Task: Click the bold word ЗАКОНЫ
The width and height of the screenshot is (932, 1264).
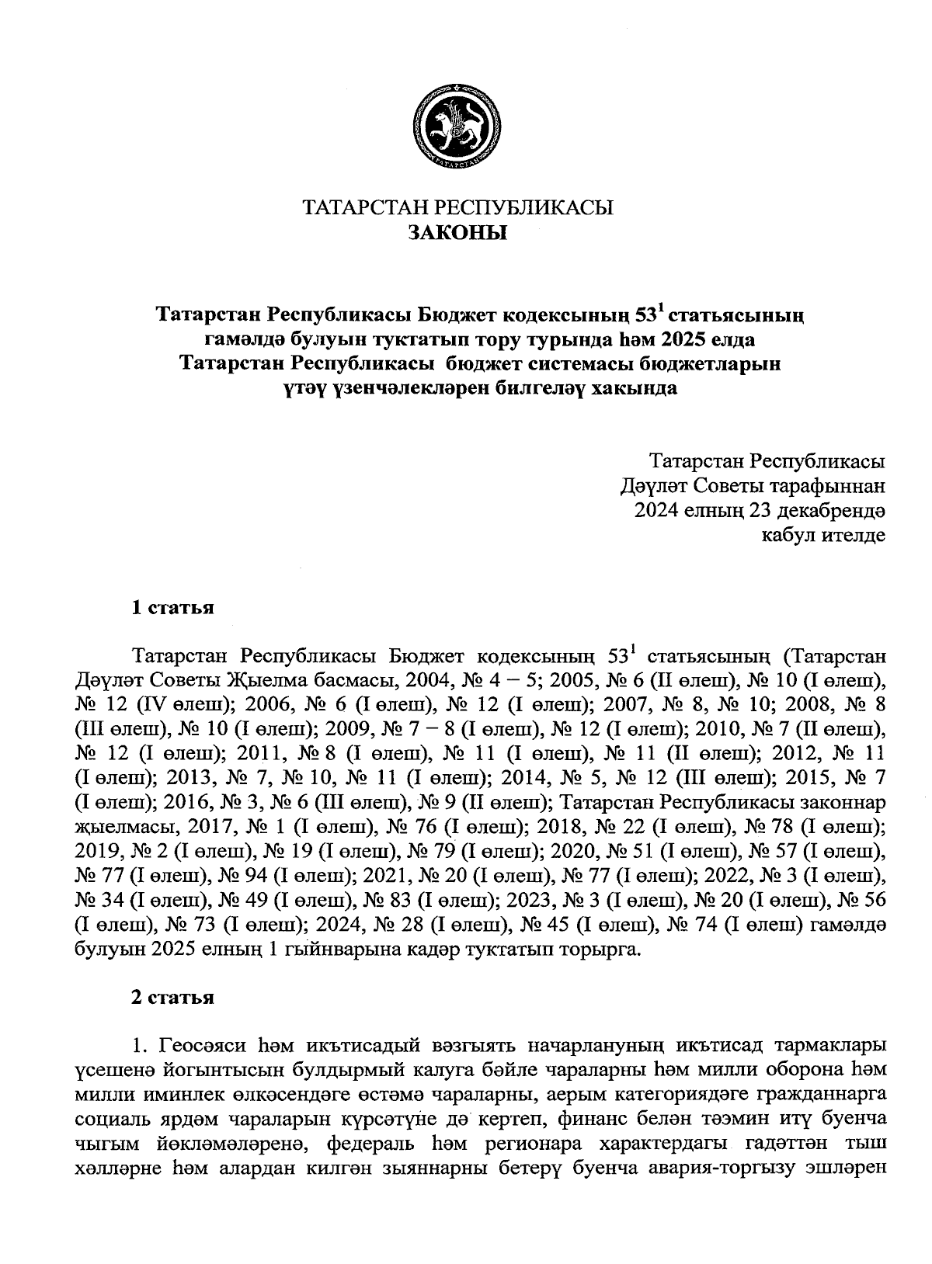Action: tap(457, 232)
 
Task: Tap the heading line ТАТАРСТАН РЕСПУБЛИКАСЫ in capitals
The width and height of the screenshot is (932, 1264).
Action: tap(457, 208)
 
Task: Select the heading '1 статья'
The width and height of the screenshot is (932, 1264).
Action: tap(172, 607)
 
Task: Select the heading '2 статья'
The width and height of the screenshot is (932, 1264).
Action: tap(172, 998)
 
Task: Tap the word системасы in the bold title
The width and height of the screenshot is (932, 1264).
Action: tap(582, 363)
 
